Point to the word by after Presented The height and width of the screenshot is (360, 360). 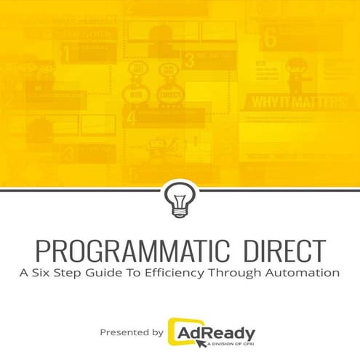click(x=156, y=333)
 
